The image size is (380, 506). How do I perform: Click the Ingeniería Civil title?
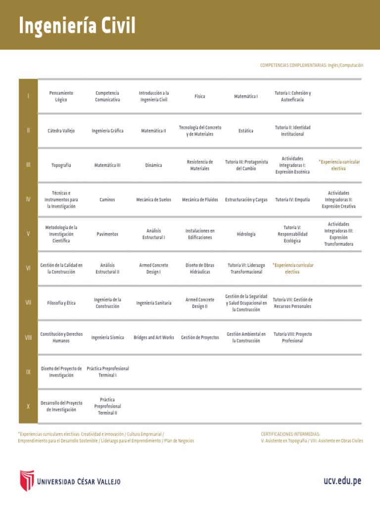click(77, 26)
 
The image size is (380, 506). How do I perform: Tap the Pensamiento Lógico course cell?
click(61, 96)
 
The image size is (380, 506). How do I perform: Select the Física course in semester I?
click(200, 96)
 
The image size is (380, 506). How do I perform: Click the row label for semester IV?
click(28, 199)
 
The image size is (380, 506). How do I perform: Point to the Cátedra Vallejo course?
click(61, 131)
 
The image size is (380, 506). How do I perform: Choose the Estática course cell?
click(246, 131)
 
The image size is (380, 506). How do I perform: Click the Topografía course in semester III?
click(61, 165)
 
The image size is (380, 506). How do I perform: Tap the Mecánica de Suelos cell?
click(153, 200)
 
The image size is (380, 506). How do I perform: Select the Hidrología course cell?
click(246, 234)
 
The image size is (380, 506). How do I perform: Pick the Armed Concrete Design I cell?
click(153, 268)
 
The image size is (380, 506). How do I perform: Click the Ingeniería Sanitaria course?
click(154, 303)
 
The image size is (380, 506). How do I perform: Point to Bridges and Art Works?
click(154, 337)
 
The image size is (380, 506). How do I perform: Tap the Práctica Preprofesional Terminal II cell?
click(107, 406)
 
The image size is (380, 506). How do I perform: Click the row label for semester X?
click(28, 406)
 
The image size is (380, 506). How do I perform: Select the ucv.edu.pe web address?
click(343, 481)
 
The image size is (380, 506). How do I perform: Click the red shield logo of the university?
click(27, 481)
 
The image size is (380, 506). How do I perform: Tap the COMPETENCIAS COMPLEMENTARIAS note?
click(311, 65)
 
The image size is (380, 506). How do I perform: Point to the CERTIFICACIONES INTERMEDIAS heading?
click(290, 434)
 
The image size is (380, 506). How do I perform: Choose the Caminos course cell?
click(107, 200)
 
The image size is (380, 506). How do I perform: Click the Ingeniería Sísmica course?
click(107, 337)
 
